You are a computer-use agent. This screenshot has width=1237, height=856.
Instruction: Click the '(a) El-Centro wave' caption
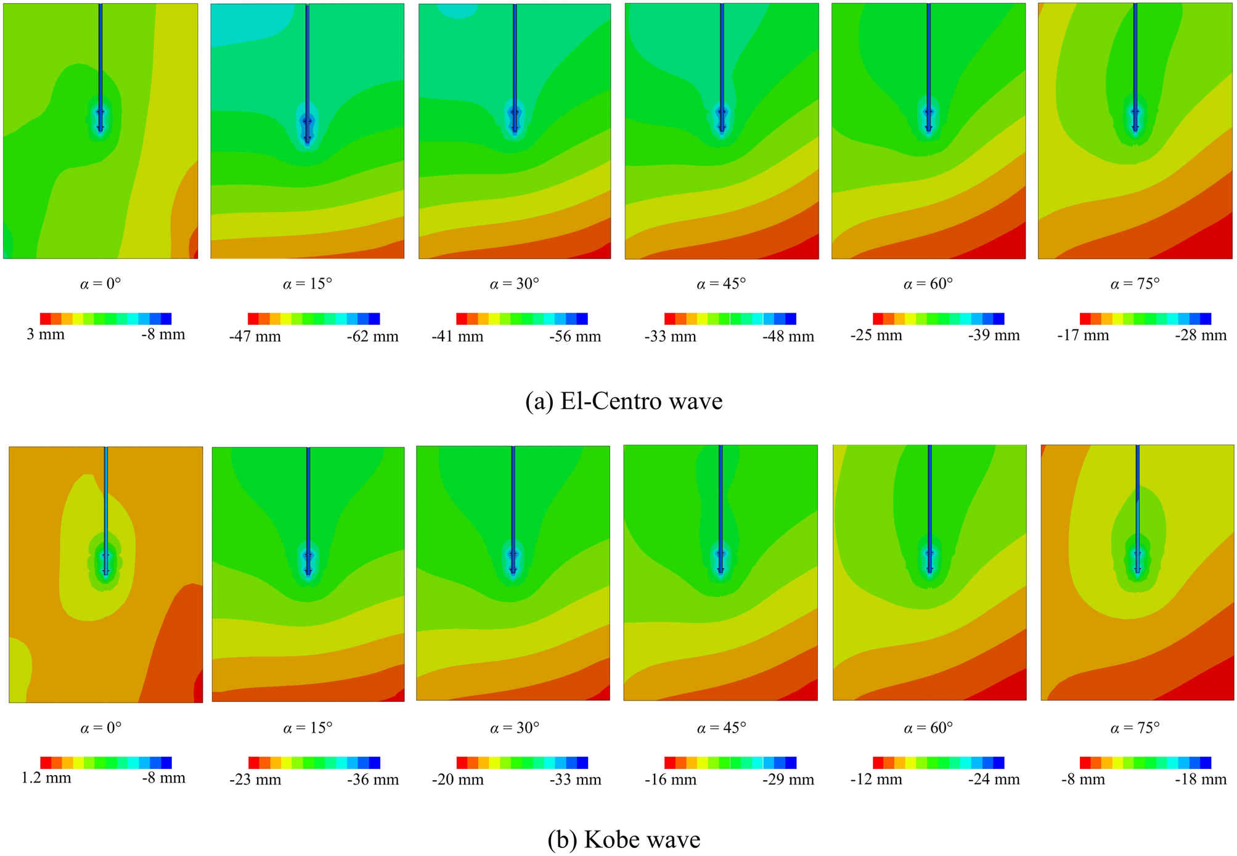coord(623,401)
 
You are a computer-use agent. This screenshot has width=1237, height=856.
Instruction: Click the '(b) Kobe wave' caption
coord(623,839)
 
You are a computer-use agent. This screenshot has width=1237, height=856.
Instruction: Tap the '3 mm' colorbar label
coord(45,335)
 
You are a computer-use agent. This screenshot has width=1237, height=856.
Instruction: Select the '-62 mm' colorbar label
coord(372,337)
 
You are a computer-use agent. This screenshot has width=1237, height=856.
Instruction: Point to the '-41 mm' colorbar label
coord(457,337)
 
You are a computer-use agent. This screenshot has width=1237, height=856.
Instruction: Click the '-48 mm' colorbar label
coord(788,337)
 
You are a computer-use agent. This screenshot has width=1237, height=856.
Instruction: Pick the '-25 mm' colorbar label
coord(876,335)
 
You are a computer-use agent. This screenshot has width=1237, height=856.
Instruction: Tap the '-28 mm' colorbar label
coord(1200,335)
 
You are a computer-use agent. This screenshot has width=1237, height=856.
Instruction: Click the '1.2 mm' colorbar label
coord(46,778)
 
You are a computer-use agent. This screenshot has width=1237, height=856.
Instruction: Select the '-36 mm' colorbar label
coord(372,780)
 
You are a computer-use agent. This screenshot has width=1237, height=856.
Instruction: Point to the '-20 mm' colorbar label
coord(457,780)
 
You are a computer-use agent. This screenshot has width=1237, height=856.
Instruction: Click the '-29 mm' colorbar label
coord(788,780)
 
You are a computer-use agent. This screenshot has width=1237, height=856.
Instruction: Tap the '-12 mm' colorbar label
coord(876,780)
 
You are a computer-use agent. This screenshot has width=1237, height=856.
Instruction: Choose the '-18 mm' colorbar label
coord(1200,779)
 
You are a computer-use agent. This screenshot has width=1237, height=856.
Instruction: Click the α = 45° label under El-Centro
coord(721,284)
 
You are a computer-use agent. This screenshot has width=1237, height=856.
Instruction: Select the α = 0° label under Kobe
coord(100,728)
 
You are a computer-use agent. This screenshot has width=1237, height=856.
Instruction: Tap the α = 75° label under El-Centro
coord(1135,284)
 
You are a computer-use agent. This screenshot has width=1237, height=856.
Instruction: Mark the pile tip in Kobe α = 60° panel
coord(929,571)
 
